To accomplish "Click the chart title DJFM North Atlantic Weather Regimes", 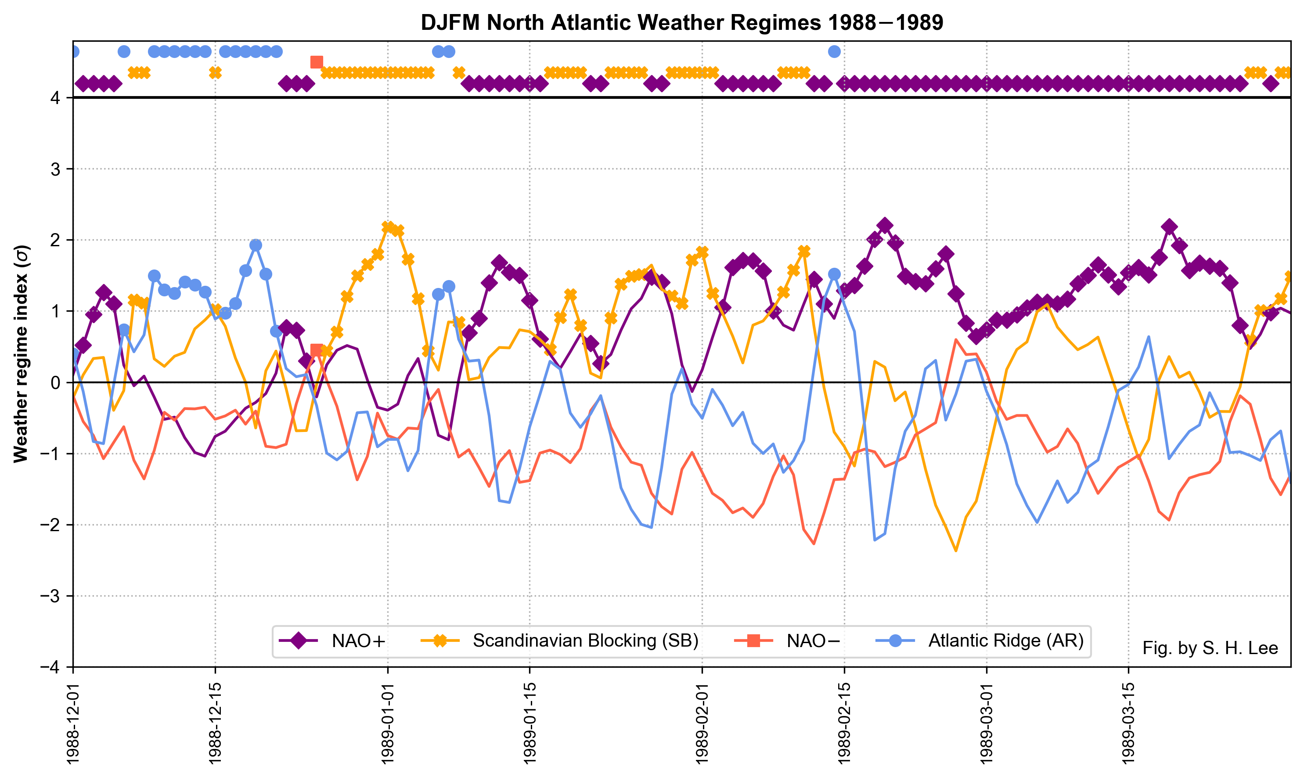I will point(682,23).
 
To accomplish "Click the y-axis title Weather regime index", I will point(22,354).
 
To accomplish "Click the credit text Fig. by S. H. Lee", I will point(1210,648).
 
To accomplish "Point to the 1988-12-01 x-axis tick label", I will point(73,723).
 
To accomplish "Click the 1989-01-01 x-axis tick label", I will point(388,723).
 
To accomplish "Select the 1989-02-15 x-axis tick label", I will point(844,723).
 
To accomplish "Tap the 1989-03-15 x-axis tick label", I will point(1128,723).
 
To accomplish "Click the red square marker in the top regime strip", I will point(316,62).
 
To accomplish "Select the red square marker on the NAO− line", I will point(316,350).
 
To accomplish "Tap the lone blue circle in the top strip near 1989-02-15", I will point(834,51).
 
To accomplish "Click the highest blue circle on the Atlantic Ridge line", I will point(256,245).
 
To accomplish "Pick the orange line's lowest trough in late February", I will point(956,551).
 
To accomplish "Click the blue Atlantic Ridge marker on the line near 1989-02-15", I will point(834,274).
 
